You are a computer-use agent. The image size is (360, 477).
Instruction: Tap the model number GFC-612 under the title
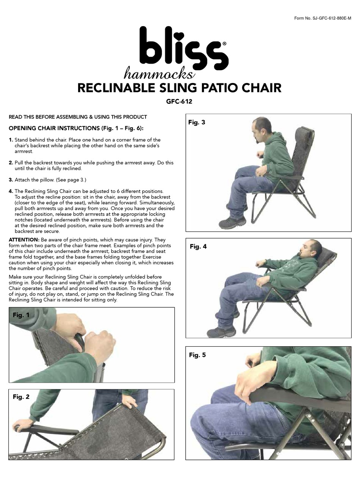click(180, 101)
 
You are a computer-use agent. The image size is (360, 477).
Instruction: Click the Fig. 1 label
click(21, 315)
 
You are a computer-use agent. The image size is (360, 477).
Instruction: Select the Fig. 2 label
click(21, 397)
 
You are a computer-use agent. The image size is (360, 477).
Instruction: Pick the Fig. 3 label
click(197, 122)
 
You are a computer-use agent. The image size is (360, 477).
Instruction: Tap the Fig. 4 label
click(198, 246)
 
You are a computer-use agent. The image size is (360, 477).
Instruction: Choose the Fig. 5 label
click(197, 355)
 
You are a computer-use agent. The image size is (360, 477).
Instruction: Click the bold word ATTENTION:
click(23, 240)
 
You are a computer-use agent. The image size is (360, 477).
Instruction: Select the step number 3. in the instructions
click(11, 180)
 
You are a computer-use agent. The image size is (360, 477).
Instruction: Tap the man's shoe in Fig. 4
click(221, 332)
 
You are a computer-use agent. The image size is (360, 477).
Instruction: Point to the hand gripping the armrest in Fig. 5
click(254, 381)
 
